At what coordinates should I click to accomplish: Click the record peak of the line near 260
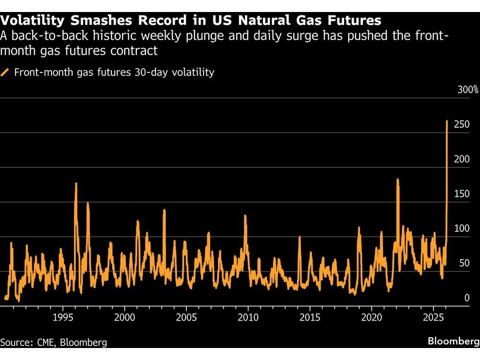pos(447,121)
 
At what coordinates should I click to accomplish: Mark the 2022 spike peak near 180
pos(398,180)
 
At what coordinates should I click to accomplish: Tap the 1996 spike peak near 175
pos(76,183)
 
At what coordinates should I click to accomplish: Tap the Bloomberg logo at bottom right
pos(454,341)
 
